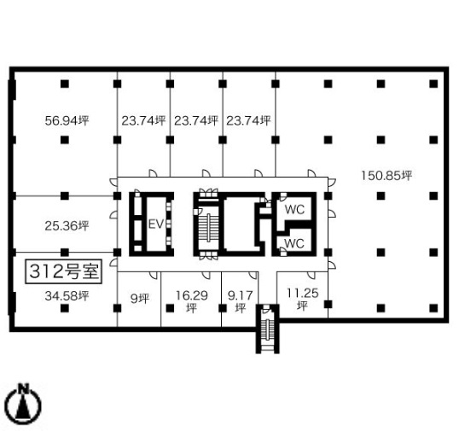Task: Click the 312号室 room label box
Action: (63, 271)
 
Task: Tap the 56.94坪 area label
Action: (67, 120)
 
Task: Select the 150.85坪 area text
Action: (386, 175)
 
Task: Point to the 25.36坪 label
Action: (67, 226)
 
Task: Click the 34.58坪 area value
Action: (67, 296)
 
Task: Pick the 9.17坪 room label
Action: (241, 301)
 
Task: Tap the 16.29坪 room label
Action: (191, 301)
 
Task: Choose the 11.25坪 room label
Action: (302, 299)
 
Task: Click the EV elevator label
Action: (156, 224)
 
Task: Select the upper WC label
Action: (294, 209)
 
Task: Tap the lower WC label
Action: (294, 243)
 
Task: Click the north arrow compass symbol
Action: (24, 405)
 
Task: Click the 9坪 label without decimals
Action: (140, 299)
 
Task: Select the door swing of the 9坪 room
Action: (154, 275)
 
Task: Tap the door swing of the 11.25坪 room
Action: (311, 275)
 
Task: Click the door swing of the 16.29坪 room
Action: (206, 275)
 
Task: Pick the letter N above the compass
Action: (24, 388)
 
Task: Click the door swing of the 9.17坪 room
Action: (253, 275)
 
